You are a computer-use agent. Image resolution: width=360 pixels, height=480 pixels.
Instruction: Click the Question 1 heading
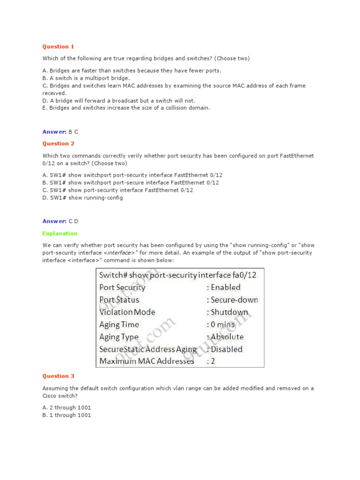click(58, 46)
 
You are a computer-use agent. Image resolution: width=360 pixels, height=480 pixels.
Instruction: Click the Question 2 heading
click(58, 143)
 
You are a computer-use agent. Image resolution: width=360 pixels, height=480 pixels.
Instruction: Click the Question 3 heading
click(58, 375)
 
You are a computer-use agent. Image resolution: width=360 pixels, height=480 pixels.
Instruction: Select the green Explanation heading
click(60, 233)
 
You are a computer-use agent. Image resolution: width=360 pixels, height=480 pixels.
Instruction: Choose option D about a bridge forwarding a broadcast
click(119, 100)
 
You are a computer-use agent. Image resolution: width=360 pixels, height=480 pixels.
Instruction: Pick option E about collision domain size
click(126, 108)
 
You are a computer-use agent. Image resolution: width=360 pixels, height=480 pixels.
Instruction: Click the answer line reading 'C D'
click(60, 221)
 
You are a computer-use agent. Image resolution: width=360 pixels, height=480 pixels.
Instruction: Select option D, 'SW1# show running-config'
click(82, 197)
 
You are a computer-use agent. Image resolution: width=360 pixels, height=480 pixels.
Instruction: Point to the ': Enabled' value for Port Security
click(224, 287)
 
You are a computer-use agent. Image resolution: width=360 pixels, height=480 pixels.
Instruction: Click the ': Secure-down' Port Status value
click(232, 300)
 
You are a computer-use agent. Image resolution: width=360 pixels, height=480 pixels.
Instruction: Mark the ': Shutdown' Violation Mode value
click(227, 312)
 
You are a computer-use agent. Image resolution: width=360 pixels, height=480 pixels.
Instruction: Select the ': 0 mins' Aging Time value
click(222, 324)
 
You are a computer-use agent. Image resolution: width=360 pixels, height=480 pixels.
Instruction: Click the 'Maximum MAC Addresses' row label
click(147, 361)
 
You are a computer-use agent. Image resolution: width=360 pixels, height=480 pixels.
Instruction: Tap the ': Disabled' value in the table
click(225, 349)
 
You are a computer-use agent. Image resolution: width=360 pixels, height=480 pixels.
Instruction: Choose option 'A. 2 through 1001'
click(67, 407)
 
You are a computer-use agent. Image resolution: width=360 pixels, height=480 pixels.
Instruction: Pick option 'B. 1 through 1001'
click(67, 415)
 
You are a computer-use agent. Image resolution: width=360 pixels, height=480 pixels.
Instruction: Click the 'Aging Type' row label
click(119, 337)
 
